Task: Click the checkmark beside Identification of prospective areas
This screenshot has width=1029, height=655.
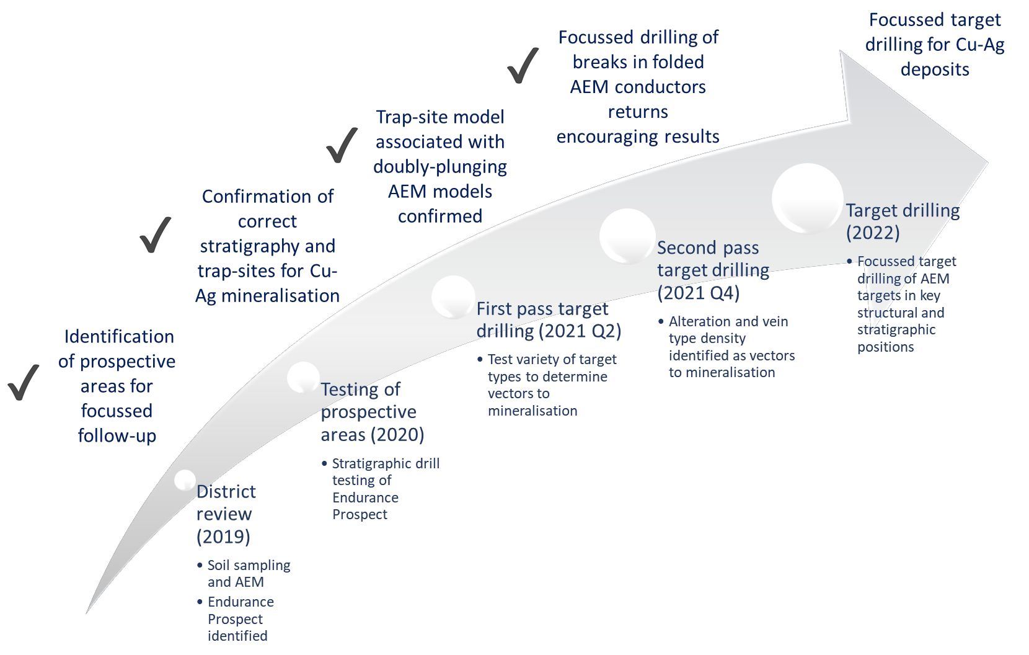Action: [x=24, y=382]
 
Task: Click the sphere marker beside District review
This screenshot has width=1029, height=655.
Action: [x=185, y=480]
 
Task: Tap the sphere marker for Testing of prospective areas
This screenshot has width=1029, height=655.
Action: [x=303, y=377]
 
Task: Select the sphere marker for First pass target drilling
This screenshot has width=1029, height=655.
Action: [x=453, y=296]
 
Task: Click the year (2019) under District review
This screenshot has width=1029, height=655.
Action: [x=223, y=537]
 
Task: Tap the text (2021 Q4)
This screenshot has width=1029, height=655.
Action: [x=699, y=293]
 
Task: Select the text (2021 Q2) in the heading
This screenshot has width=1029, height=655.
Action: [x=580, y=331]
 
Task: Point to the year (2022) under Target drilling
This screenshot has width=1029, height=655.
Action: [x=873, y=233]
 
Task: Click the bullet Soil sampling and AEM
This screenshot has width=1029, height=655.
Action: [x=248, y=574]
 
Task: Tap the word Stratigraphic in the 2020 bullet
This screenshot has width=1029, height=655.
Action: [x=369, y=463]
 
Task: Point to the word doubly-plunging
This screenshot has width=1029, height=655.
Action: [x=440, y=167]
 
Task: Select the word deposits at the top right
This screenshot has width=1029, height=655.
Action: [x=935, y=69]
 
